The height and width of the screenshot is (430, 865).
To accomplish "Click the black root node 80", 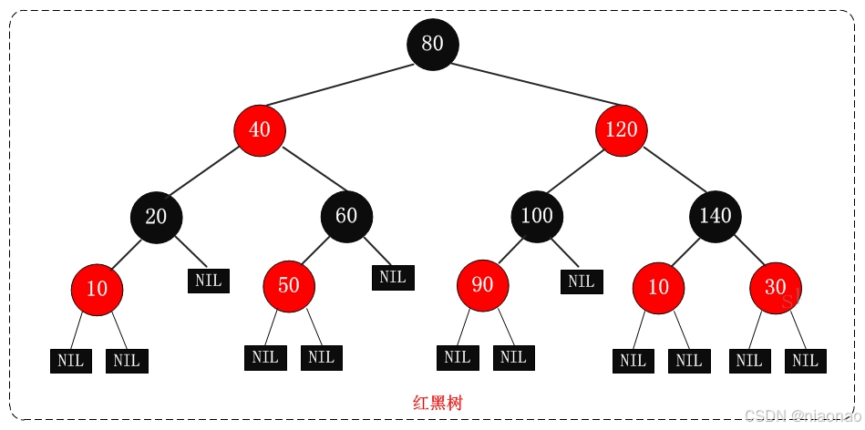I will pos(433,43).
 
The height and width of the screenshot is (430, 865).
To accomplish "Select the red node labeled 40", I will pos(260,129).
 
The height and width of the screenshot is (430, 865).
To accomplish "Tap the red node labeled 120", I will pos(622,129).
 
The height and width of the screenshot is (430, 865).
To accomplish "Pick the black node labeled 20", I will pos(157,216).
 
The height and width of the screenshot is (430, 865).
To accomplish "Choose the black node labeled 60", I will pos(346,216).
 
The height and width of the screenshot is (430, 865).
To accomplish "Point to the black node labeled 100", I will pos(537,216).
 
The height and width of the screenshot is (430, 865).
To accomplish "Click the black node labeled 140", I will pos(716,216).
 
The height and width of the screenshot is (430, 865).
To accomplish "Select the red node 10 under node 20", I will pos(97,289).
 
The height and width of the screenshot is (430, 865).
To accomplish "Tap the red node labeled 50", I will pos(289,285).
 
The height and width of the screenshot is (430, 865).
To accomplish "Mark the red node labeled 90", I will pos(483,285).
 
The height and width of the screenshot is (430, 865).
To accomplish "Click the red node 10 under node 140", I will pos(658,287).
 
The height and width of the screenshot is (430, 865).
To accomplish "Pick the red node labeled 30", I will pos(776,287).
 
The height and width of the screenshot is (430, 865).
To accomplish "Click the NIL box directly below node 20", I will pos(209,280).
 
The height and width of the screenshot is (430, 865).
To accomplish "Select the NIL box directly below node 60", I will pos(393,276).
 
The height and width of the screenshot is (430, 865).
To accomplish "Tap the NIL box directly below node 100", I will pos(582,281).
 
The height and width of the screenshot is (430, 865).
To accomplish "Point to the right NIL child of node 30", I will pos(806,360).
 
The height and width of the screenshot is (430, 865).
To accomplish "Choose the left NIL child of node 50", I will pos(265,357).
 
